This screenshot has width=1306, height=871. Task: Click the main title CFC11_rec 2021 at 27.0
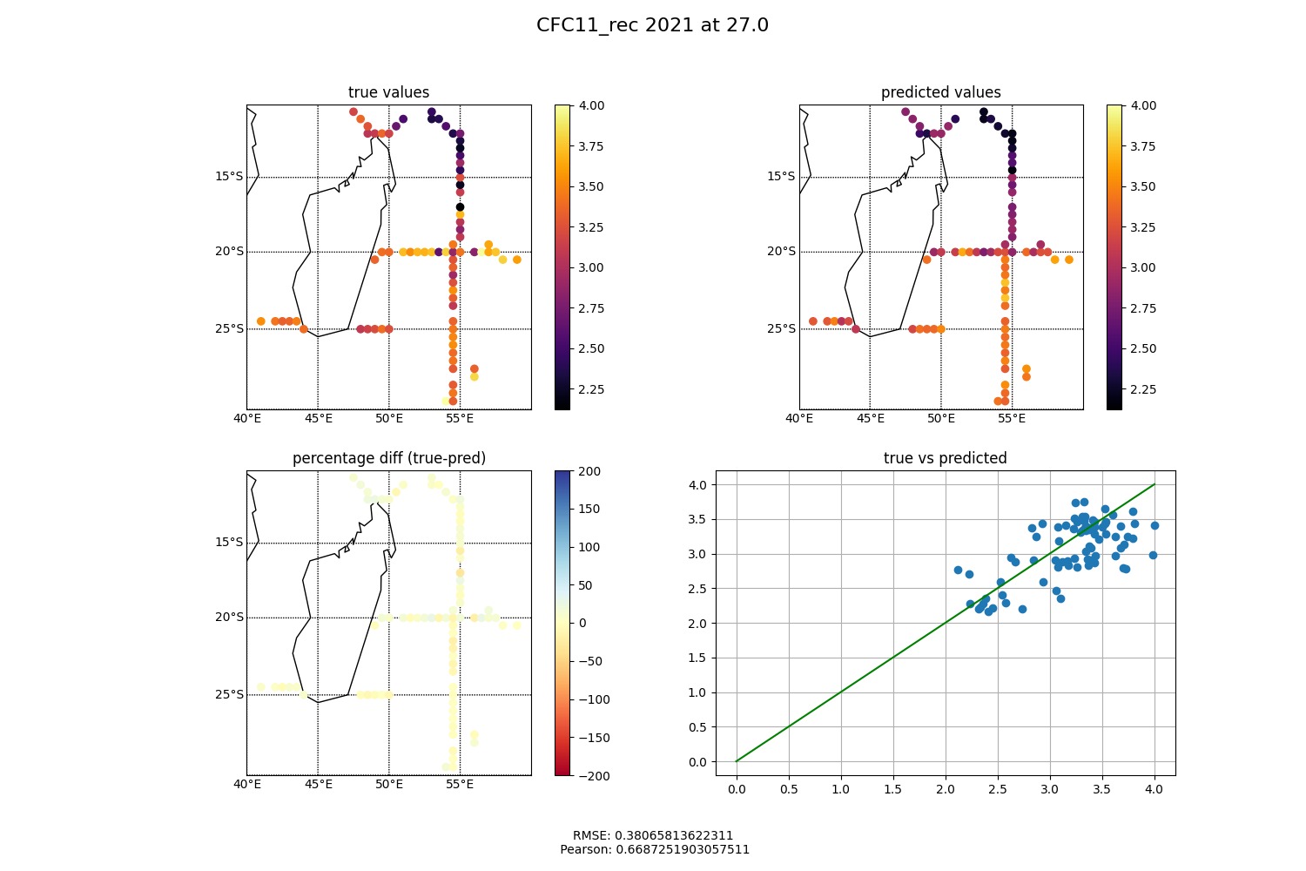(652, 25)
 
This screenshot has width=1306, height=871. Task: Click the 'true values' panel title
(388, 92)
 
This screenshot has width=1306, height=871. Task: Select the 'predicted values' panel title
(940, 92)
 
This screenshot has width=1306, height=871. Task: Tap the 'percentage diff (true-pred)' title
(388, 458)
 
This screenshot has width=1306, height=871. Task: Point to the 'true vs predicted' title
(945, 458)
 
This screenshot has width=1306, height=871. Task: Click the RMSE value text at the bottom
(653, 835)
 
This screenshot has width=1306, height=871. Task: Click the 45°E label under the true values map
(318, 418)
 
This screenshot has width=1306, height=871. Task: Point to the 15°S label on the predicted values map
(780, 177)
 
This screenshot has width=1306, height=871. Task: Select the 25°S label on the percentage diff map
(228, 694)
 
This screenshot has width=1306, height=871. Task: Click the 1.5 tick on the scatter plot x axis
(892, 790)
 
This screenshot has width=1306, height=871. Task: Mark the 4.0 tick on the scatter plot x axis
(1154, 790)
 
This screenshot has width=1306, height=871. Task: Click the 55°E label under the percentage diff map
(460, 784)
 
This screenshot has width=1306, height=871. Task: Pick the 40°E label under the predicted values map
(799, 418)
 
